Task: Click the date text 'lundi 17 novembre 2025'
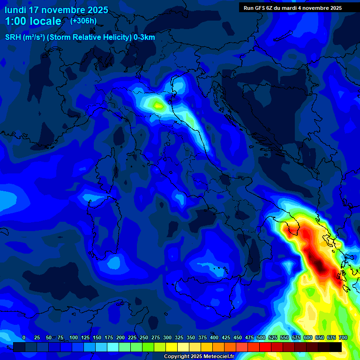tap(56, 10)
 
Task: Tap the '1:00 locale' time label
tap(33, 21)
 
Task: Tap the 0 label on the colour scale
tap(24, 337)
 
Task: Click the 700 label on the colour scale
tap(343, 337)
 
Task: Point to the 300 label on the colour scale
tap(167, 337)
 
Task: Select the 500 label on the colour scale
tap(261, 337)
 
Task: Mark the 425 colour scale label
tap(226, 337)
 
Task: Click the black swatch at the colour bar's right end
tap(336, 347)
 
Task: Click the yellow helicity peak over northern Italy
tap(158, 105)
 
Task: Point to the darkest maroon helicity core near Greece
tap(319, 265)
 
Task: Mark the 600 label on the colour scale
tap(308, 337)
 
